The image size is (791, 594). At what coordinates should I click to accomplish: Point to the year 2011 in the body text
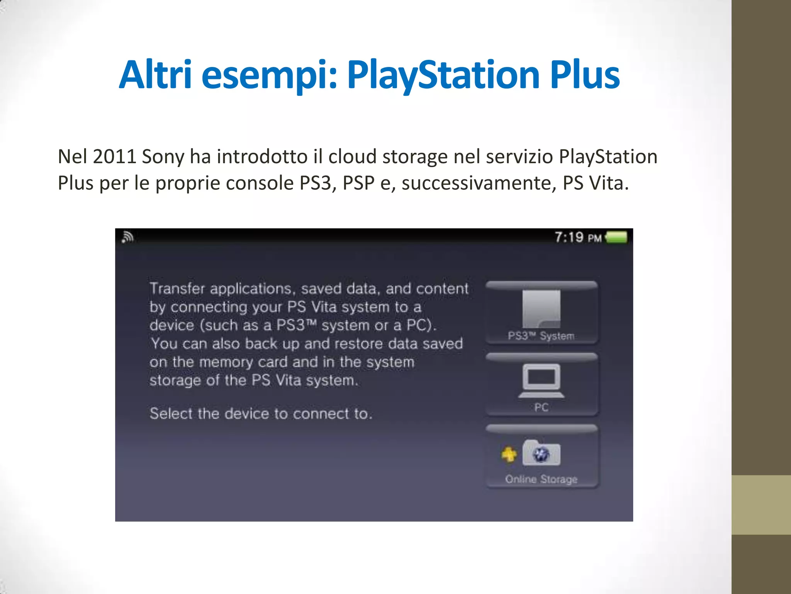click(114, 157)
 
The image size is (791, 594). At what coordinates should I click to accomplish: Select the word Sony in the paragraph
click(163, 157)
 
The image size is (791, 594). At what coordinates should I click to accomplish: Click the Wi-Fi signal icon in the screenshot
click(127, 237)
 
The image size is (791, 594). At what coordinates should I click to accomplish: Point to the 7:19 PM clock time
click(578, 237)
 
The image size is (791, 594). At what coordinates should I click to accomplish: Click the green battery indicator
click(616, 237)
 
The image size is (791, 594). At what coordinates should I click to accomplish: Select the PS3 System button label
click(541, 336)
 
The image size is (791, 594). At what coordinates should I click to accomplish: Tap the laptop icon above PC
click(541, 381)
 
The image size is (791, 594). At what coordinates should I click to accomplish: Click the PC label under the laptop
click(541, 407)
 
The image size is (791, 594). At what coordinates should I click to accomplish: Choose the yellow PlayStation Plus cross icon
click(509, 454)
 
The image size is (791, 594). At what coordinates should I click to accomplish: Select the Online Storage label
click(541, 479)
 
